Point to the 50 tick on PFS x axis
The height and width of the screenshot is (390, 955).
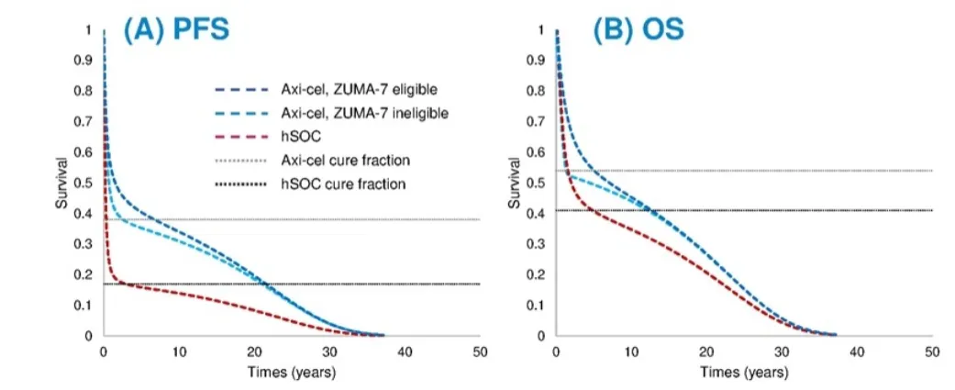point(479,352)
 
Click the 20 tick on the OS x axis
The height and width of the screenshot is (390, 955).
point(706,352)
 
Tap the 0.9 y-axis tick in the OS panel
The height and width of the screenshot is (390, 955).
point(537,61)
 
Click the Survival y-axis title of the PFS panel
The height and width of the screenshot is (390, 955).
point(61,183)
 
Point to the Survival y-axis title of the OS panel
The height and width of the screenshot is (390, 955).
point(513,183)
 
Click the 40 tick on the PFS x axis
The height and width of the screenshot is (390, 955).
point(404,352)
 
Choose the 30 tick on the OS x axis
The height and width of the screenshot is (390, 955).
point(782,352)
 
